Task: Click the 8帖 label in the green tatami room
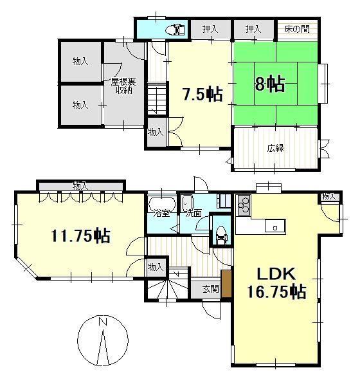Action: (269, 84)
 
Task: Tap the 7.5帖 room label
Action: (203, 95)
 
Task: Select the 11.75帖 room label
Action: (80, 236)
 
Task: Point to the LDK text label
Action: (276, 274)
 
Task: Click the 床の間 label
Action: (297, 29)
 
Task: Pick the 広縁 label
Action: (275, 148)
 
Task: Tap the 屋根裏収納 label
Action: (123, 86)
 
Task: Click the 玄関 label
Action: (211, 289)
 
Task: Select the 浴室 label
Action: (161, 213)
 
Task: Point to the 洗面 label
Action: (194, 213)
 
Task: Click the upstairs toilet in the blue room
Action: (176, 30)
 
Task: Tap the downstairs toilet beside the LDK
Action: (221, 235)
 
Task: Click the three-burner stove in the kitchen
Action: (244, 205)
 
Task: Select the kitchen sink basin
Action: (275, 226)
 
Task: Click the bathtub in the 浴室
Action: (162, 203)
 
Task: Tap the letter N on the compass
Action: (103, 322)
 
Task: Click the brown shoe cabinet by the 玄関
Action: (226, 284)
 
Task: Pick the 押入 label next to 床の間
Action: (253, 29)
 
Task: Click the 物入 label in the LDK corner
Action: (329, 197)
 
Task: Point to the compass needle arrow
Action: (103, 347)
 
